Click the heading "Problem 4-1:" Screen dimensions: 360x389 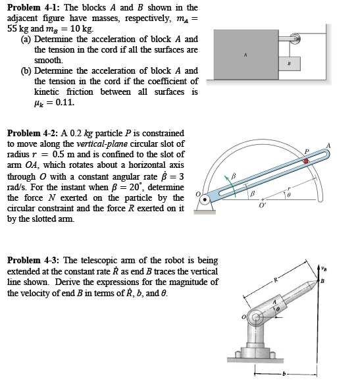coord(34,7)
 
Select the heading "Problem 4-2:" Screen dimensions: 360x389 coord(32,133)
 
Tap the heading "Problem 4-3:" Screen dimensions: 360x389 coord(34,260)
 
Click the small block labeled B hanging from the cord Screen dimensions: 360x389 coord(290,64)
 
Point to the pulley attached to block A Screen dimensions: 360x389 coord(296,39)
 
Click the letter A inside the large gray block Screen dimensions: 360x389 coord(245,55)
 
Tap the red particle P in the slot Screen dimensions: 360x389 coord(306,161)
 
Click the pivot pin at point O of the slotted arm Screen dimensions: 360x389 coord(205,199)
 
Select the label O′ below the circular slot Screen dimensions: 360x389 coord(262,205)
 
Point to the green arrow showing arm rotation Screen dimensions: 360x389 coord(233,186)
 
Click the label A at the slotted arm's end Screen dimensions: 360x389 coord(328,145)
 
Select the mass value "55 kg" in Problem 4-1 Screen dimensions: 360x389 coord(18,29)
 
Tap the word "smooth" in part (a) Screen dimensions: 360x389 coord(48,61)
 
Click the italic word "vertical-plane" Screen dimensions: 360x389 coord(102,144)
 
